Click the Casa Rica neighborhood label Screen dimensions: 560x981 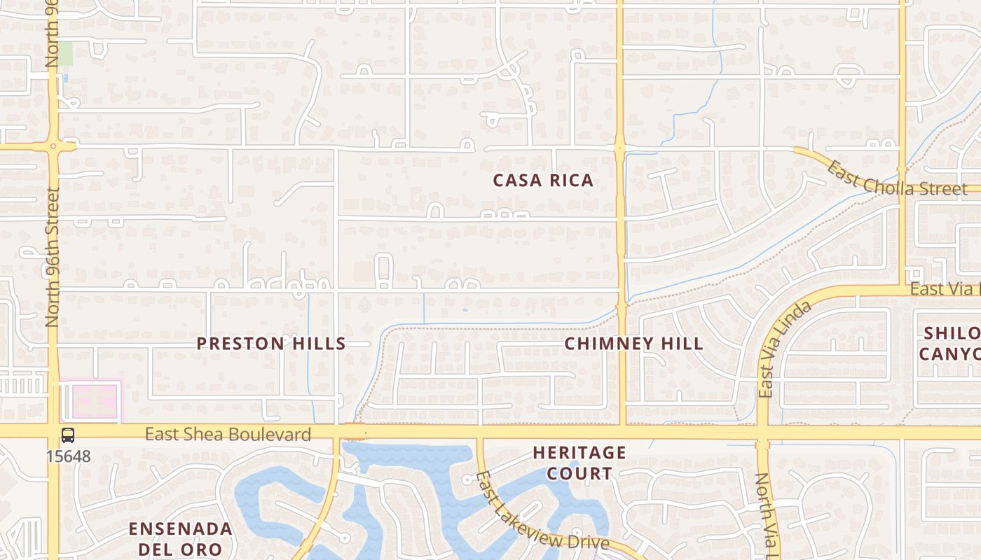coord(543,181)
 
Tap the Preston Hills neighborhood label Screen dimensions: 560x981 coord(271,344)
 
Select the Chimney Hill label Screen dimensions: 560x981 coord(633,344)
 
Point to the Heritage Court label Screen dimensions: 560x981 coord(579,463)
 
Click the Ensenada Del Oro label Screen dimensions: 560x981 coord(180,538)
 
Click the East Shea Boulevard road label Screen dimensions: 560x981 coord(228,435)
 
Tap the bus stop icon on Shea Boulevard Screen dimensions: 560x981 coord(68,435)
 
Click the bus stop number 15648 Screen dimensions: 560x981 coord(68,456)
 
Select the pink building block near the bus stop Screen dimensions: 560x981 coord(91,401)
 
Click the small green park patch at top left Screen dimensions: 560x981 coord(64,54)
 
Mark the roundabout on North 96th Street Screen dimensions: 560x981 coord(53,146)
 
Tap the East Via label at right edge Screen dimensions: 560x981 coord(945,288)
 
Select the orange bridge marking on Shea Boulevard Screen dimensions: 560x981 coord(355,431)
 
